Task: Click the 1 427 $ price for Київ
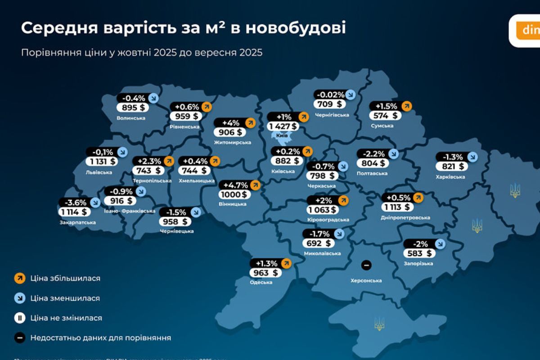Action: coord(283,126)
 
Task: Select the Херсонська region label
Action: coord(366,281)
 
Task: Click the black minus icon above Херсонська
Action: coord(366,265)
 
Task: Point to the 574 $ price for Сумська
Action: coord(385,116)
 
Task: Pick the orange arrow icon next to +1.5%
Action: coord(406,106)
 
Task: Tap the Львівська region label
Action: coord(99,172)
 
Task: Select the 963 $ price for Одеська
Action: coord(265,273)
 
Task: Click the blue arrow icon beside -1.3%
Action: coord(472,157)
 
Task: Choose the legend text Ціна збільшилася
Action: coord(65,278)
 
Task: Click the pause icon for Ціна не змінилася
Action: coord(19,318)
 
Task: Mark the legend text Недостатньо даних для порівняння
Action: coord(100,337)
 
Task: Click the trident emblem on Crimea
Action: coord(379,323)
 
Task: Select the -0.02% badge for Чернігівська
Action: coord(330,95)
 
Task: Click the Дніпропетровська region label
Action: coord(405,218)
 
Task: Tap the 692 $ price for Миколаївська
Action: coord(319,243)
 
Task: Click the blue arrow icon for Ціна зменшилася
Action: coord(19,298)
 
